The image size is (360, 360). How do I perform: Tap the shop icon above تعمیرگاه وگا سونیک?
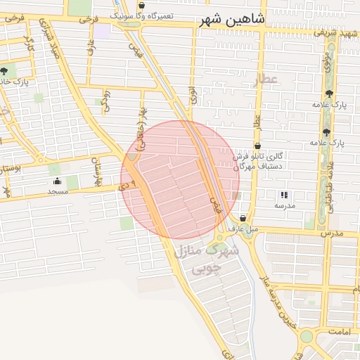point(142,4)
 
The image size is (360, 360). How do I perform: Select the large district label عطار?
point(269,79)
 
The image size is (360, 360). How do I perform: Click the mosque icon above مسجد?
point(56,181)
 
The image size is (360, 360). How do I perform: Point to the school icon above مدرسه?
point(284,195)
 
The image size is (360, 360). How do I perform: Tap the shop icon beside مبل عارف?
point(243,218)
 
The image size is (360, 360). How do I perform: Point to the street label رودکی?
point(106,100)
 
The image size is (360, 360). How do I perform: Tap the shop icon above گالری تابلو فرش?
point(258,145)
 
